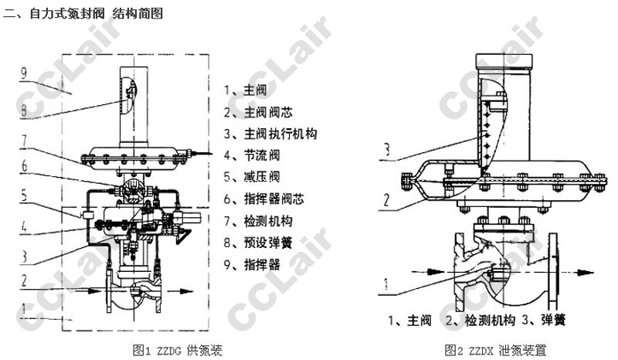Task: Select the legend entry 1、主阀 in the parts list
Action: [246, 89]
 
